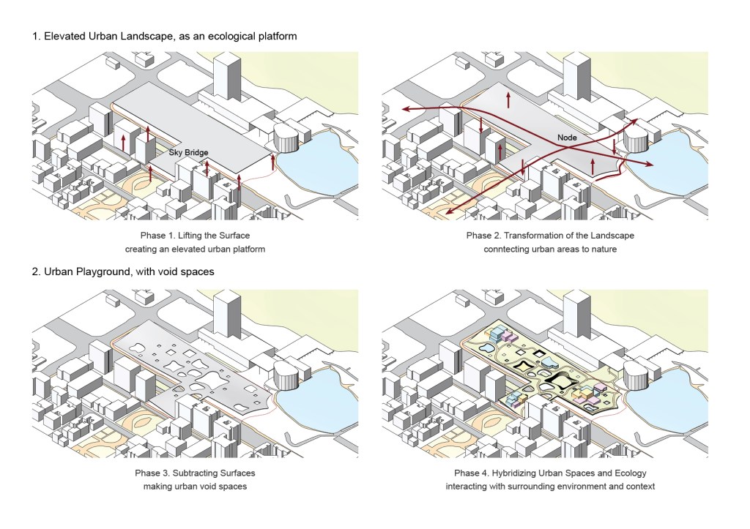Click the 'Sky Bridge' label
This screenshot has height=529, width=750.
tap(189, 152)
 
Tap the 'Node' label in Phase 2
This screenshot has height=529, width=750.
tap(568, 138)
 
